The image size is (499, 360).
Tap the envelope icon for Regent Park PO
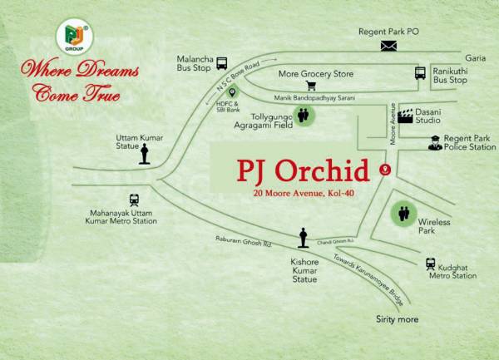pos(389,47)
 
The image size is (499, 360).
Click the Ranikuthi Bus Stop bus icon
pos(420,74)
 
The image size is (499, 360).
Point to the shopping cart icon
pos(311,85)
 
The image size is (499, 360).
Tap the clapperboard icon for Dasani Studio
pos(406,116)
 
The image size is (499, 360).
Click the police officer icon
pos(434,142)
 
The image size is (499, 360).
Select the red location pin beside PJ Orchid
pos(384,170)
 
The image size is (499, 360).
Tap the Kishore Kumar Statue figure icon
pos(304,238)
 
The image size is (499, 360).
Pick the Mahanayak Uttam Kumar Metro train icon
pos(134,200)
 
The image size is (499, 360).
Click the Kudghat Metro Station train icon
pos(431,264)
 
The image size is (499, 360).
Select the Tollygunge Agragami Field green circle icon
pos(304,116)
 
